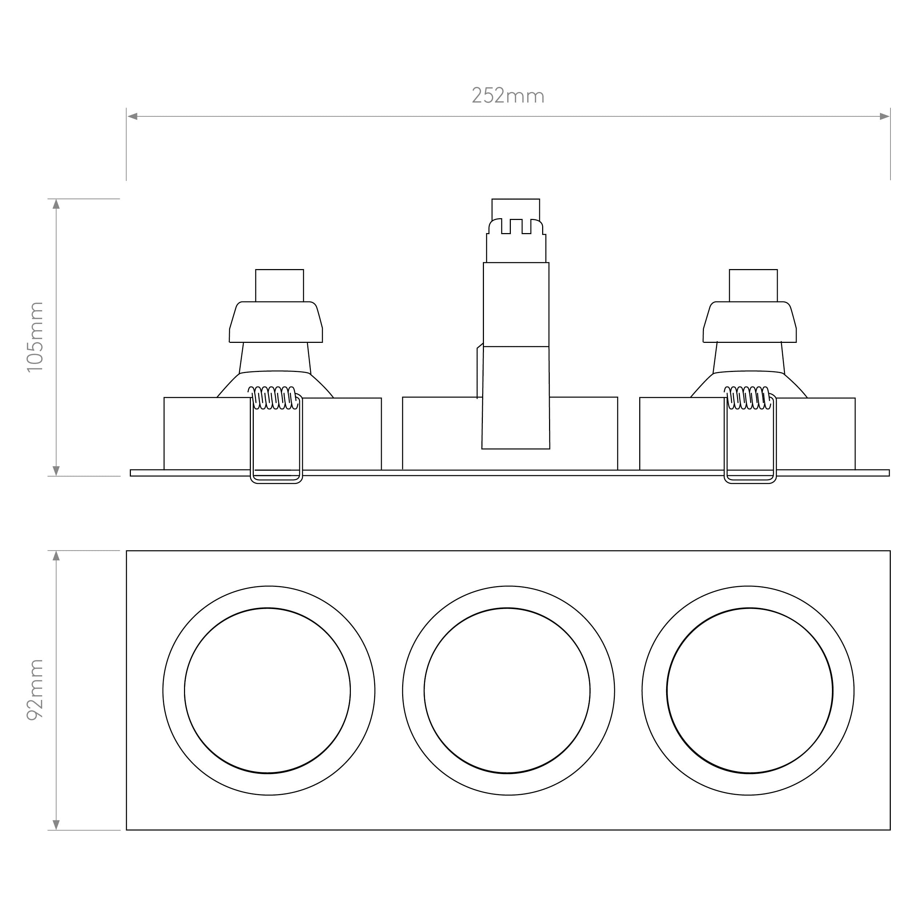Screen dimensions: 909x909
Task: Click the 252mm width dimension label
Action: click(x=508, y=96)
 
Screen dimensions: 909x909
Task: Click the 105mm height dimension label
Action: click(x=35, y=337)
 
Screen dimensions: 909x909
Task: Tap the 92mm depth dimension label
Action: click(x=35, y=690)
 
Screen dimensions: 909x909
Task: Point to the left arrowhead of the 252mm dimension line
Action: click(x=132, y=116)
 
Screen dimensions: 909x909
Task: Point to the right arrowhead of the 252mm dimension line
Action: click(x=885, y=116)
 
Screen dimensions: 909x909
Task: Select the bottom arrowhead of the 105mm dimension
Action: click(x=56, y=470)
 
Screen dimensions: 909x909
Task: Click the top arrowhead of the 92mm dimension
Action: click(x=56, y=556)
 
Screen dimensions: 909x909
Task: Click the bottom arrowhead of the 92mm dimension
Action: click(x=56, y=825)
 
